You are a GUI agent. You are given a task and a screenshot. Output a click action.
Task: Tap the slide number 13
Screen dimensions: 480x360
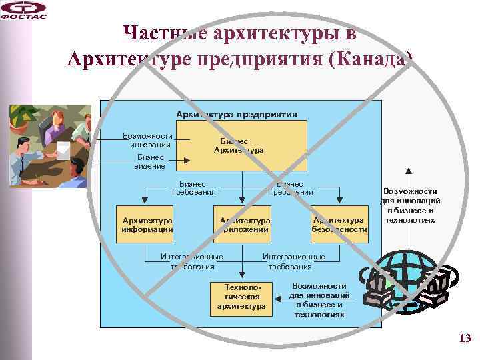pyautogui.click(x=465, y=339)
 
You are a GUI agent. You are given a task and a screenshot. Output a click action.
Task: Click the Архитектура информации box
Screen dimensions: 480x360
pyautogui.click(x=147, y=225)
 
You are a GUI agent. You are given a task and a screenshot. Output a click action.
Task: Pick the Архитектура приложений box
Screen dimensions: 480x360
pyautogui.click(x=244, y=225)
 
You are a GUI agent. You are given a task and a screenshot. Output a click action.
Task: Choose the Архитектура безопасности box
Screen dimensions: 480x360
pyautogui.click(x=339, y=225)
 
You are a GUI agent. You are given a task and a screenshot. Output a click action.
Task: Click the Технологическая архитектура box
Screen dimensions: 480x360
pyautogui.click(x=241, y=297)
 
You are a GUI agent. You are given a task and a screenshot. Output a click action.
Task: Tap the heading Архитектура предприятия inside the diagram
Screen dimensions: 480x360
pyautogui.click(x=236, y=114)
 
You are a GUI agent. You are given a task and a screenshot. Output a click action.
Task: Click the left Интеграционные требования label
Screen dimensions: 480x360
pyautogui.click(x=192, y=261)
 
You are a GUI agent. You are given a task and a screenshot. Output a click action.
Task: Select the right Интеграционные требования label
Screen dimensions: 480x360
pyautogui.click(x=293, y=261)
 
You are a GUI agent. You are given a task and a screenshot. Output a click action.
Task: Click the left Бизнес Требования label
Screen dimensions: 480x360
pyautogui.click(x=193, y=188)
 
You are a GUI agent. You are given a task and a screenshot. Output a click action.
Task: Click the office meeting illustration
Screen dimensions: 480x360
pyautogui.click(x=50, y=145)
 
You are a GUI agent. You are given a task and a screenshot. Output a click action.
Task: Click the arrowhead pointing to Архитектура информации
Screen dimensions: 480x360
pyautogui.click(x=141, y=203)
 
